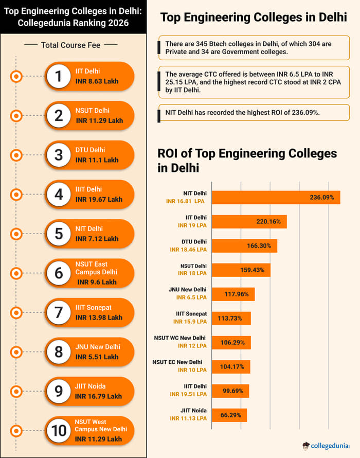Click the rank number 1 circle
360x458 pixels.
(x=59, y=76)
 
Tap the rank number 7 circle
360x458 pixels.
(x=59, y=312)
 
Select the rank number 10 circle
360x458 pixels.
(x=59, y=430)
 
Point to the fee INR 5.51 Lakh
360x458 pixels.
(x=97, y=357)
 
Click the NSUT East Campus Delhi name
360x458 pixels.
(x=96, y=268)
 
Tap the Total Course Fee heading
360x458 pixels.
(x=71, y=45)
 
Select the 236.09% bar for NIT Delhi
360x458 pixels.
(x=276, y=197)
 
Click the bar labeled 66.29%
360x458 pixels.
(x=229, y=415)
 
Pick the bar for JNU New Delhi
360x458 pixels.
(x=233, y=294)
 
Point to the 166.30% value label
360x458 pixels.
(x=259, y=246)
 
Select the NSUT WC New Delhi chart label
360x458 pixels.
(x=180, y=338)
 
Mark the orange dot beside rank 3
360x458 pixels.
(x=16, y=155)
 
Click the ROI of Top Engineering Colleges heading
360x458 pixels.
(x=247, y=160)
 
